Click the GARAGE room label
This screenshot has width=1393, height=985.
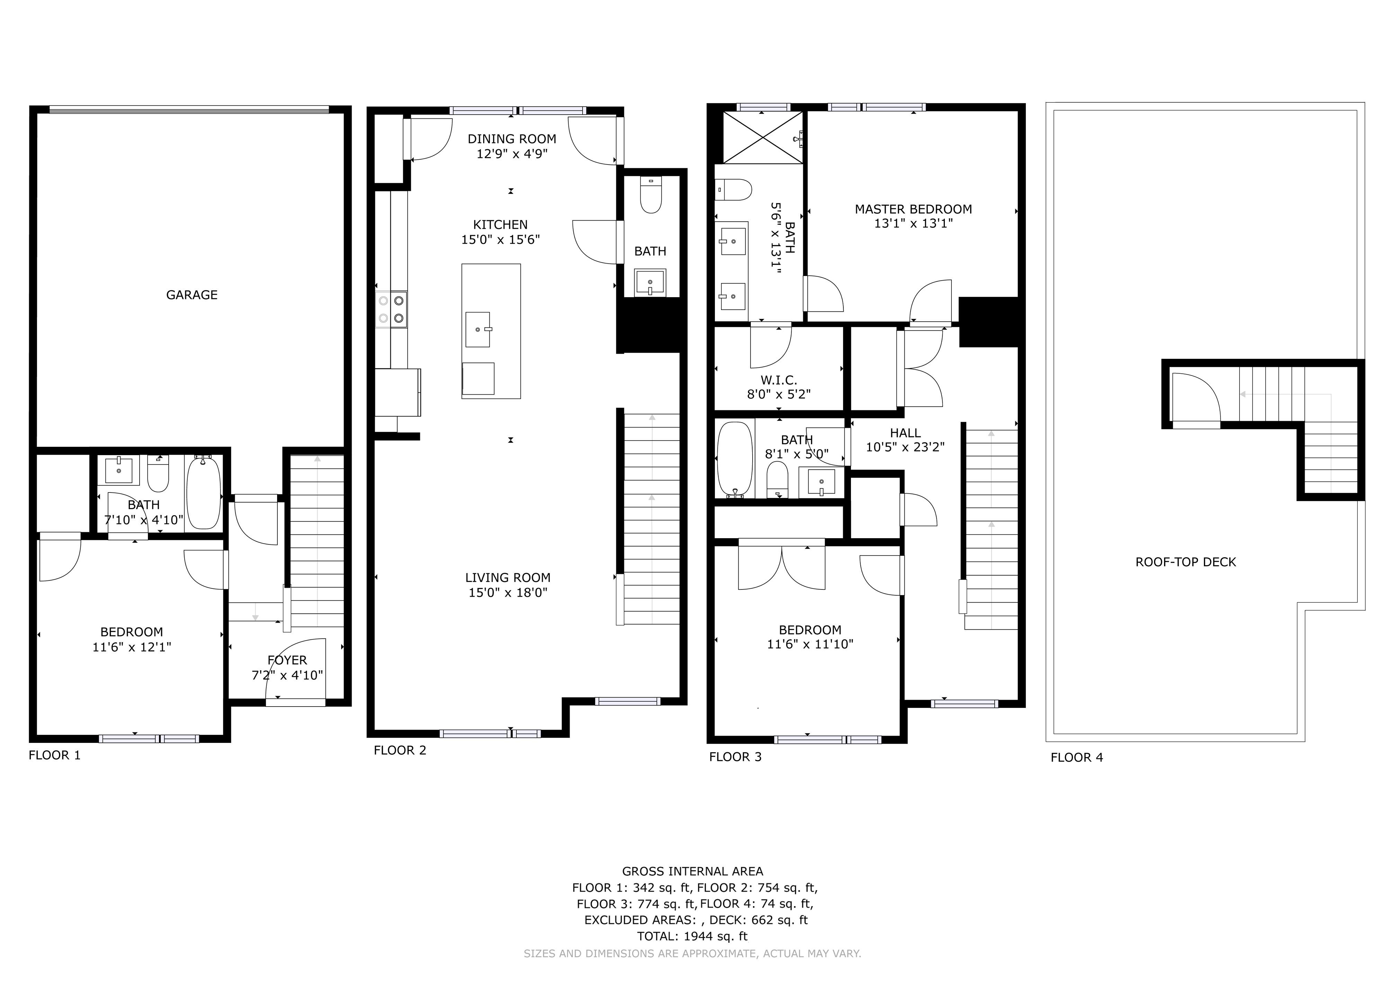(192, 295)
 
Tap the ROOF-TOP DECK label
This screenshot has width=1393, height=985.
(1186, 562)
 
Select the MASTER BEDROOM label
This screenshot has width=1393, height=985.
(913, 209)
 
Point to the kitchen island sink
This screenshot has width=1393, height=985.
(478, 329)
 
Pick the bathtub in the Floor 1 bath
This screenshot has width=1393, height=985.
(203, 493)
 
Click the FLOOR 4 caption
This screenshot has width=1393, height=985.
(1077, 757)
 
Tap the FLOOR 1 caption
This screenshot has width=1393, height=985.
(55, 755)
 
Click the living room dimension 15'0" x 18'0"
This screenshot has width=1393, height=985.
(508, 593)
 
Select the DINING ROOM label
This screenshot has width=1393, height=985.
(512, 139)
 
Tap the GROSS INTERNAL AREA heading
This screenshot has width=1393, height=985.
(692, 872)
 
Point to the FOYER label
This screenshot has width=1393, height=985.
(287, 660)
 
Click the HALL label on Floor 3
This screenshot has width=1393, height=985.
(905, 433)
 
